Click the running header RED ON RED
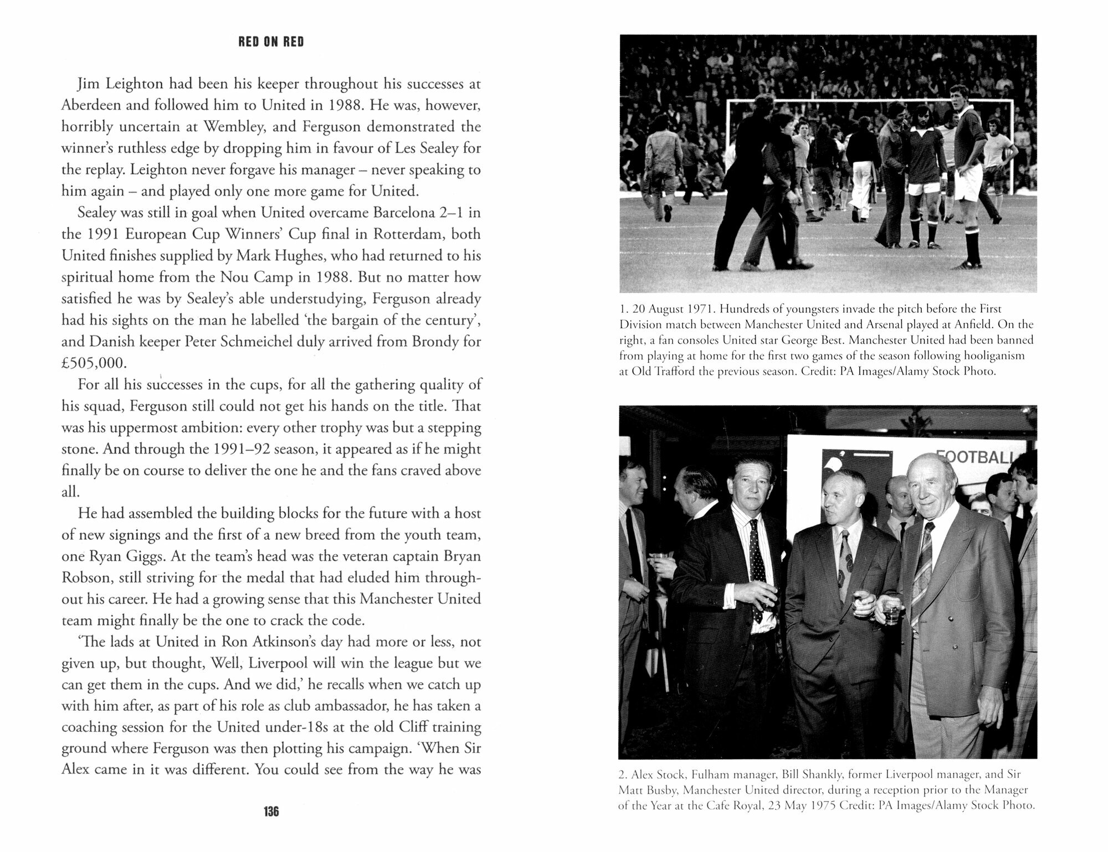coord(271,42)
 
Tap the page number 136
coord(271,812)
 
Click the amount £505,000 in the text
coord(94,363)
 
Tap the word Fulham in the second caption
coord(710,774)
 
